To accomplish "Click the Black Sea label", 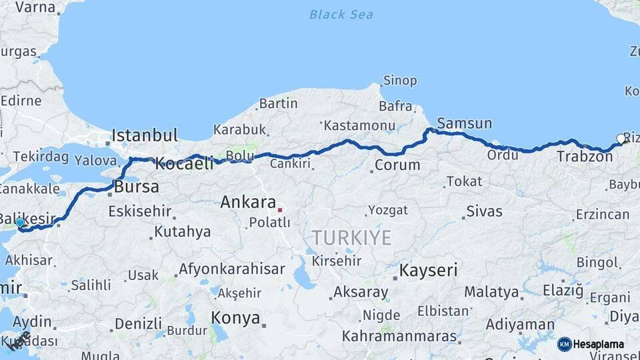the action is coord(341,14).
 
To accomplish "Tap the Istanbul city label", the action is coord(145,135).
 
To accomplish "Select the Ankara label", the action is coord(248,201).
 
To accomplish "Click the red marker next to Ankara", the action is coord(280,210).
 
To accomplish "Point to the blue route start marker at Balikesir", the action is coord(20,223).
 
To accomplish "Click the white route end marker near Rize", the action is coord(621,139).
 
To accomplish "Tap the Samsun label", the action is coord(465,123).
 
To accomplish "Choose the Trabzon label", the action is coord(585,157).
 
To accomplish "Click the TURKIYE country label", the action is coord(351,237).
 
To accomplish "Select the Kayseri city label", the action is coord(428,270).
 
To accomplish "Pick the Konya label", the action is coord(235,318).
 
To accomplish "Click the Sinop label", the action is coord(400,81).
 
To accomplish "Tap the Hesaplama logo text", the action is coord(598,344).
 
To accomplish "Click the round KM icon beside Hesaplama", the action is coord(564,344).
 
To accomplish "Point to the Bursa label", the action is coord(137,187).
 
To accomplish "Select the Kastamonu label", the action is coord(360,125).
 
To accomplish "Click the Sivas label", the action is coord(485,211).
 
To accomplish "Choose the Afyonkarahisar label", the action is coord(231,269).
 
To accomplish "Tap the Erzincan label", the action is coord(603,214).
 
